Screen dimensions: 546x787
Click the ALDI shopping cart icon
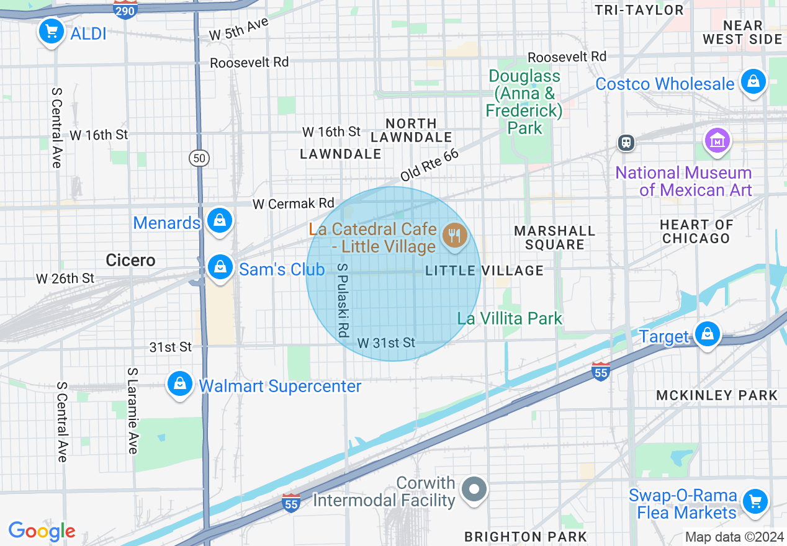(x=52, y=31)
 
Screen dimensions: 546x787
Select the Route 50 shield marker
(x=199, y=158)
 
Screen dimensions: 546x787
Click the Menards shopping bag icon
(x=219, y=220)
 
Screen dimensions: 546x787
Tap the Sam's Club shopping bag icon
(x=220, y=267)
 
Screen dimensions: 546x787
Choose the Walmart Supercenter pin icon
(x=179, y=384)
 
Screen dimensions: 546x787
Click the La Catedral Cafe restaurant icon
(x=455, y=235)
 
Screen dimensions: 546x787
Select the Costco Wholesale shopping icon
(x=753, y=82)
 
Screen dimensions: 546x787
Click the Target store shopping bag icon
(x=706, y=334)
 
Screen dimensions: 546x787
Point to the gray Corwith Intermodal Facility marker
(x=475, y=490)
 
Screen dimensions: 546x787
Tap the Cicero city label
(x=130, y=260)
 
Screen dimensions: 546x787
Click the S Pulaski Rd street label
(x=341, y=300)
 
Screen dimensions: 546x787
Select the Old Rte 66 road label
(x=429, y=165)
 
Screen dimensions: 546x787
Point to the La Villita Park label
(x=510, y=318)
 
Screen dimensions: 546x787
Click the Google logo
(x=42, y=530)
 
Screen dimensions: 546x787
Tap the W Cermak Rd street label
(x=293, y=204)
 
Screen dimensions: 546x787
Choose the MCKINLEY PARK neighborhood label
(x=717, y=395)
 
